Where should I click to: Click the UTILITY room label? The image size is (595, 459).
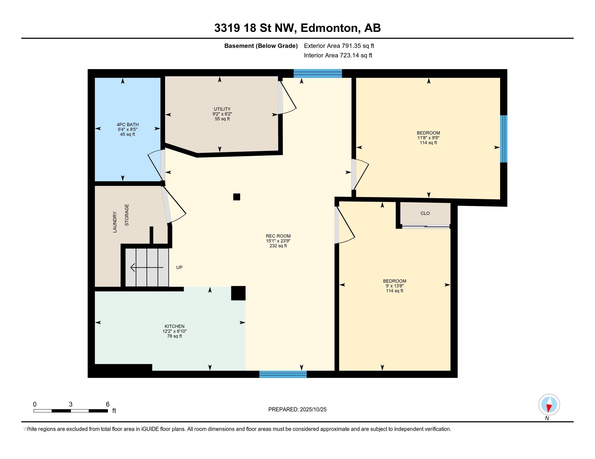[x=222, y=109]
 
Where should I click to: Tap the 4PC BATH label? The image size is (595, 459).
[x=127, y=124]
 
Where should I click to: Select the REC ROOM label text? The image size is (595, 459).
[x=278, y=236]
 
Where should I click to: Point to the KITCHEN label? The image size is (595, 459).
[x=174, y=326]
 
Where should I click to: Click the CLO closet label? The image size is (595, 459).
[x=425, y=214]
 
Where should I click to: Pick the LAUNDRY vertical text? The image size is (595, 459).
[x=115, y=222]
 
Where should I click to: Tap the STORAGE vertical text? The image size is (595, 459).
[x=127, y=215]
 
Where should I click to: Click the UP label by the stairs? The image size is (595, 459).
[x=179, y=268]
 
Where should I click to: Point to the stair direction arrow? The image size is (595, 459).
[x=147, y=268]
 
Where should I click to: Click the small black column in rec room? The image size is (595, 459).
[x=237, y=197]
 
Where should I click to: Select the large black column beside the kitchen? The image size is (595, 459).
[x=238, y=293]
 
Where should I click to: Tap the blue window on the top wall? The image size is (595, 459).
[x=318, y=74]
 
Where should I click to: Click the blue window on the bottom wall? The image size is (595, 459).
[x=283, y=374]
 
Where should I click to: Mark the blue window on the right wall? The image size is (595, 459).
[x=504, y=139]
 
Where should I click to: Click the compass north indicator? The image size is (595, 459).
[x=549, y=405]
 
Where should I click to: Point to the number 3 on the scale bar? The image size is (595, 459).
[x=71, y=404]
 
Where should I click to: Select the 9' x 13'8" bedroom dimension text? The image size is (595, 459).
[x=395, y=286]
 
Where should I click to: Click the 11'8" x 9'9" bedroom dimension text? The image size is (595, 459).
[x=428, y=138]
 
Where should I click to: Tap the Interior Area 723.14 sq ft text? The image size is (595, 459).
[x=338, y=55]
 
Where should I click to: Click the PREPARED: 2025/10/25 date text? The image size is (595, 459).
[x=297, y=410]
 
